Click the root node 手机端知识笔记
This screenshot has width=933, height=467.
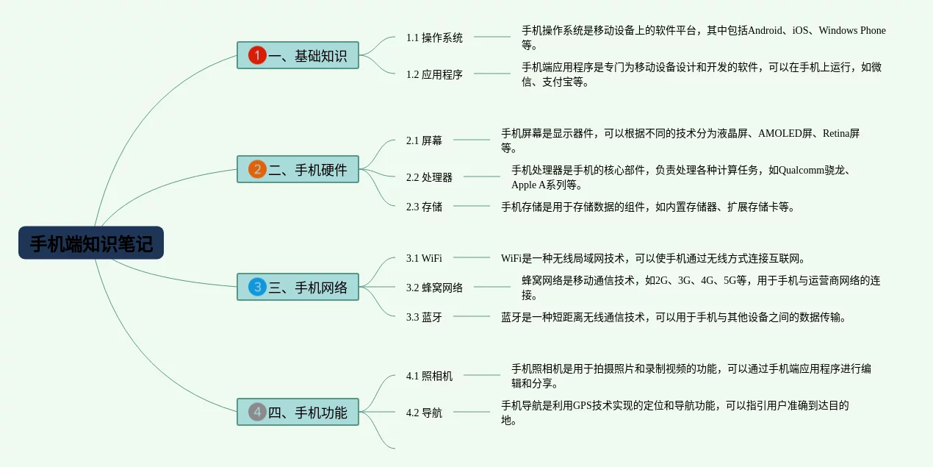pyautogui.click(x=91, y=243)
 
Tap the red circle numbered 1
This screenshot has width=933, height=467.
pyautogui.click(x=257, y=55)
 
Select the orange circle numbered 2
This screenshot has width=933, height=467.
pyautogui.click(x=257, y=169)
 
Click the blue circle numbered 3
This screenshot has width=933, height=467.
pyautogui.click(x=257, y=287)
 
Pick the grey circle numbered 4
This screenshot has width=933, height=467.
pyautogui.click(x=257, y=412)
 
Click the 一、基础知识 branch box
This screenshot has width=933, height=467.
pyautogui.click(x=298, y=55)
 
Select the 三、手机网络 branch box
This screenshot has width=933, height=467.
pyautogui.click(x=298, y=287)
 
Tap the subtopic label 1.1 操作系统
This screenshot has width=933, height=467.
pyautogui.click(x=434, y=38)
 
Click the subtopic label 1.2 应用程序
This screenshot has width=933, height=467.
pyautogui.click(x=434, y=74)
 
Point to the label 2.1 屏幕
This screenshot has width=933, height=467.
pyautogui.click(x=424, y=140)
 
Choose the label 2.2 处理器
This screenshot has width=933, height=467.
pyautogui.click(x=429, y=177)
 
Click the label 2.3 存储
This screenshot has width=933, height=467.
pyautogui.click(x=424, y=207)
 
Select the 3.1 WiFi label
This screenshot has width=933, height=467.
pyautogui.click(x=424, y=258)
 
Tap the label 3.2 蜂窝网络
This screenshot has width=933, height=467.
pyautogui.click(x=434, y=288)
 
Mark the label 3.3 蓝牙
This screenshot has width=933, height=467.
pyautogui.click(x=424, y=317)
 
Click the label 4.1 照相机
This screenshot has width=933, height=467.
pyautogui.click(x=429, y=376)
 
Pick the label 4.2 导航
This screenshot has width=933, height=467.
pyautogui.click(x=424, y=413)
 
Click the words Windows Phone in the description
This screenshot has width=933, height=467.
pyautogui.click(x=852, y=30)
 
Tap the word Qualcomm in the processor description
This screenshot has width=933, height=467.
pyautogui.click(x=801, y=170)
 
